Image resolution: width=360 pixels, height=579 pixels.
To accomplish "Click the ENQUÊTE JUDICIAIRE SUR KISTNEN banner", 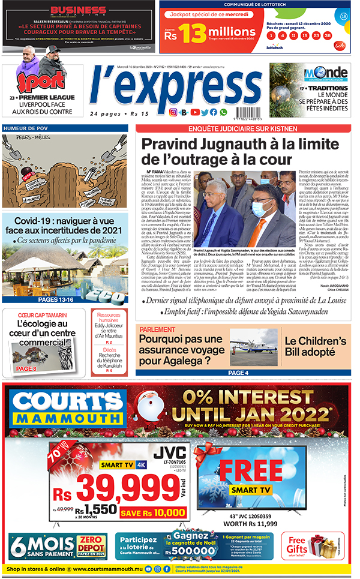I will click(245, 128).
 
